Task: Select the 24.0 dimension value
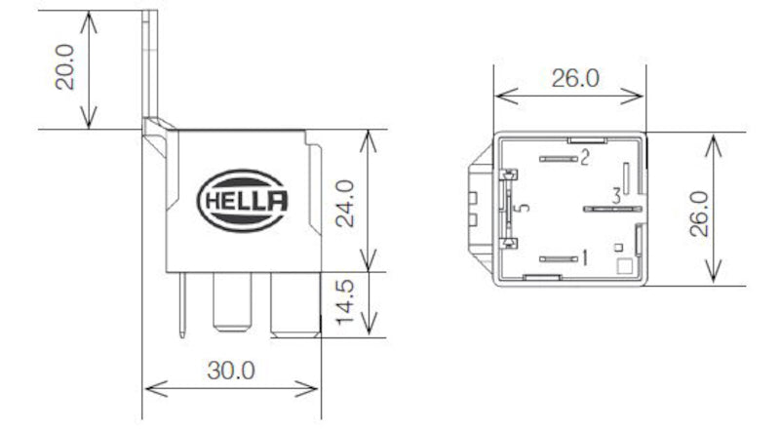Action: click(x=343, y=202)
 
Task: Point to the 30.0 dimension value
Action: click(x=231, y=371)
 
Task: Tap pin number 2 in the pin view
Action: click(x=584, y=157)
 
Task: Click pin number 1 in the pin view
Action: click(x=584, y=258)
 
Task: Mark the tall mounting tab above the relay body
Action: click(x=150, y=63)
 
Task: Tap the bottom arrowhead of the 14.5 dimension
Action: click(x=367, y=332)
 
